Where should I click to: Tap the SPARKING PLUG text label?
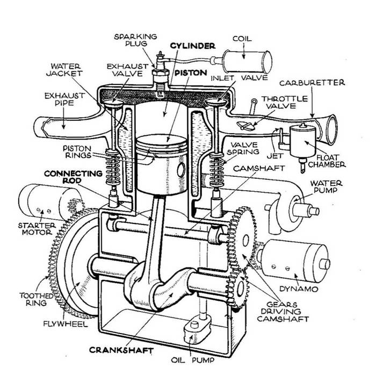click(136, 40)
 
